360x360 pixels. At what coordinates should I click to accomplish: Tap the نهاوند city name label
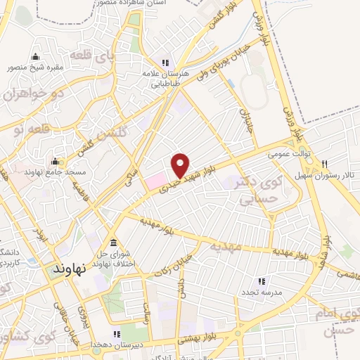click(x=69, y=269)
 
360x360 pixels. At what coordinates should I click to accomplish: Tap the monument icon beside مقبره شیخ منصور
click(x=35, y=57)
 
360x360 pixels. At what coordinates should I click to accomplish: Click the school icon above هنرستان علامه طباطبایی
click(x=165, y=60)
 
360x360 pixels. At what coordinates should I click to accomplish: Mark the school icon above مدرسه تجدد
click(x=262, y=281)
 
